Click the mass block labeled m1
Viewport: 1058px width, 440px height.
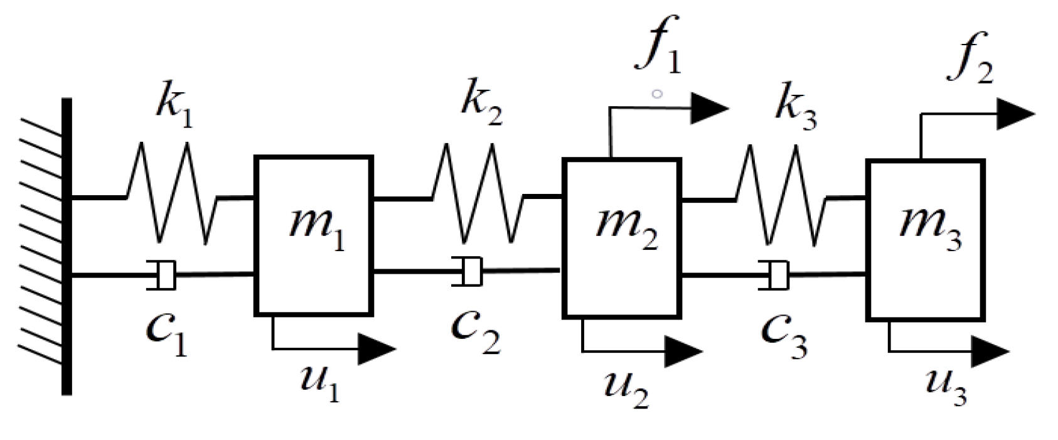click(313, 235)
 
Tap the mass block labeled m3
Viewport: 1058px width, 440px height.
click(926, 239)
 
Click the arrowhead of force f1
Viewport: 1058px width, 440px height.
click(709, 109)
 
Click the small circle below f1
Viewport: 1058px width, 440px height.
click(657, 94)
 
